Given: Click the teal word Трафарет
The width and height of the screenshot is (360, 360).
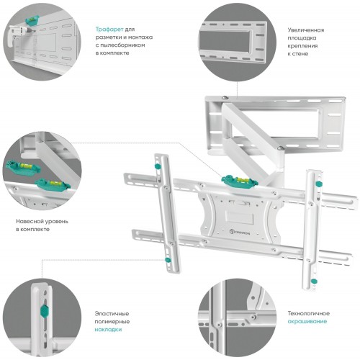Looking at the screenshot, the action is (109, 30).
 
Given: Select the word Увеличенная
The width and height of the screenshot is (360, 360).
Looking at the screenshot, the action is (306, 30).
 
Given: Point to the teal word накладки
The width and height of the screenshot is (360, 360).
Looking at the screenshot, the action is (108, 330).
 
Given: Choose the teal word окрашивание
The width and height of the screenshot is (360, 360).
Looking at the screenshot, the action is (307, 321).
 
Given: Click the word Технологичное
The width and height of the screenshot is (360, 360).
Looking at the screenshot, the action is (309, 313).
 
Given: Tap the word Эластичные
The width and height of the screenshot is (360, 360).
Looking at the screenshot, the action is (112, 314).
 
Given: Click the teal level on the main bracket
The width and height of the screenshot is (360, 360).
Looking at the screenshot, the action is (240, 181).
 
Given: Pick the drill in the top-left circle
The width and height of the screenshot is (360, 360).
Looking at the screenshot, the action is (18, 35).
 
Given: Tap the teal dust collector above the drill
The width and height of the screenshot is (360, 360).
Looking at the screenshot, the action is (32, 20).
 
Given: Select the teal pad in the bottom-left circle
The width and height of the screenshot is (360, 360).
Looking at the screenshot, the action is (45, 311).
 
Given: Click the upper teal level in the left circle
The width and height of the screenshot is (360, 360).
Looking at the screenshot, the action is (23, 166).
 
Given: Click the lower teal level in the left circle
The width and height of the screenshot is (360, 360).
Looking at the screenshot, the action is (53, 184).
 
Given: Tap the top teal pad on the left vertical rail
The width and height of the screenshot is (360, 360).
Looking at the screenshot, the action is (158, 166).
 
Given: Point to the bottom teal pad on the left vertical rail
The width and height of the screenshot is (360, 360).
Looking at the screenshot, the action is (168, 260).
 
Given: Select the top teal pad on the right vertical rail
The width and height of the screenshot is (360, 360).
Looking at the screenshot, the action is (318, 184).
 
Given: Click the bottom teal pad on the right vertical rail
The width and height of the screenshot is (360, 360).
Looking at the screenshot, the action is (314, 281).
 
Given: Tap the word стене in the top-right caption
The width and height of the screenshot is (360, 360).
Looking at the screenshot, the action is (300, 53).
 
